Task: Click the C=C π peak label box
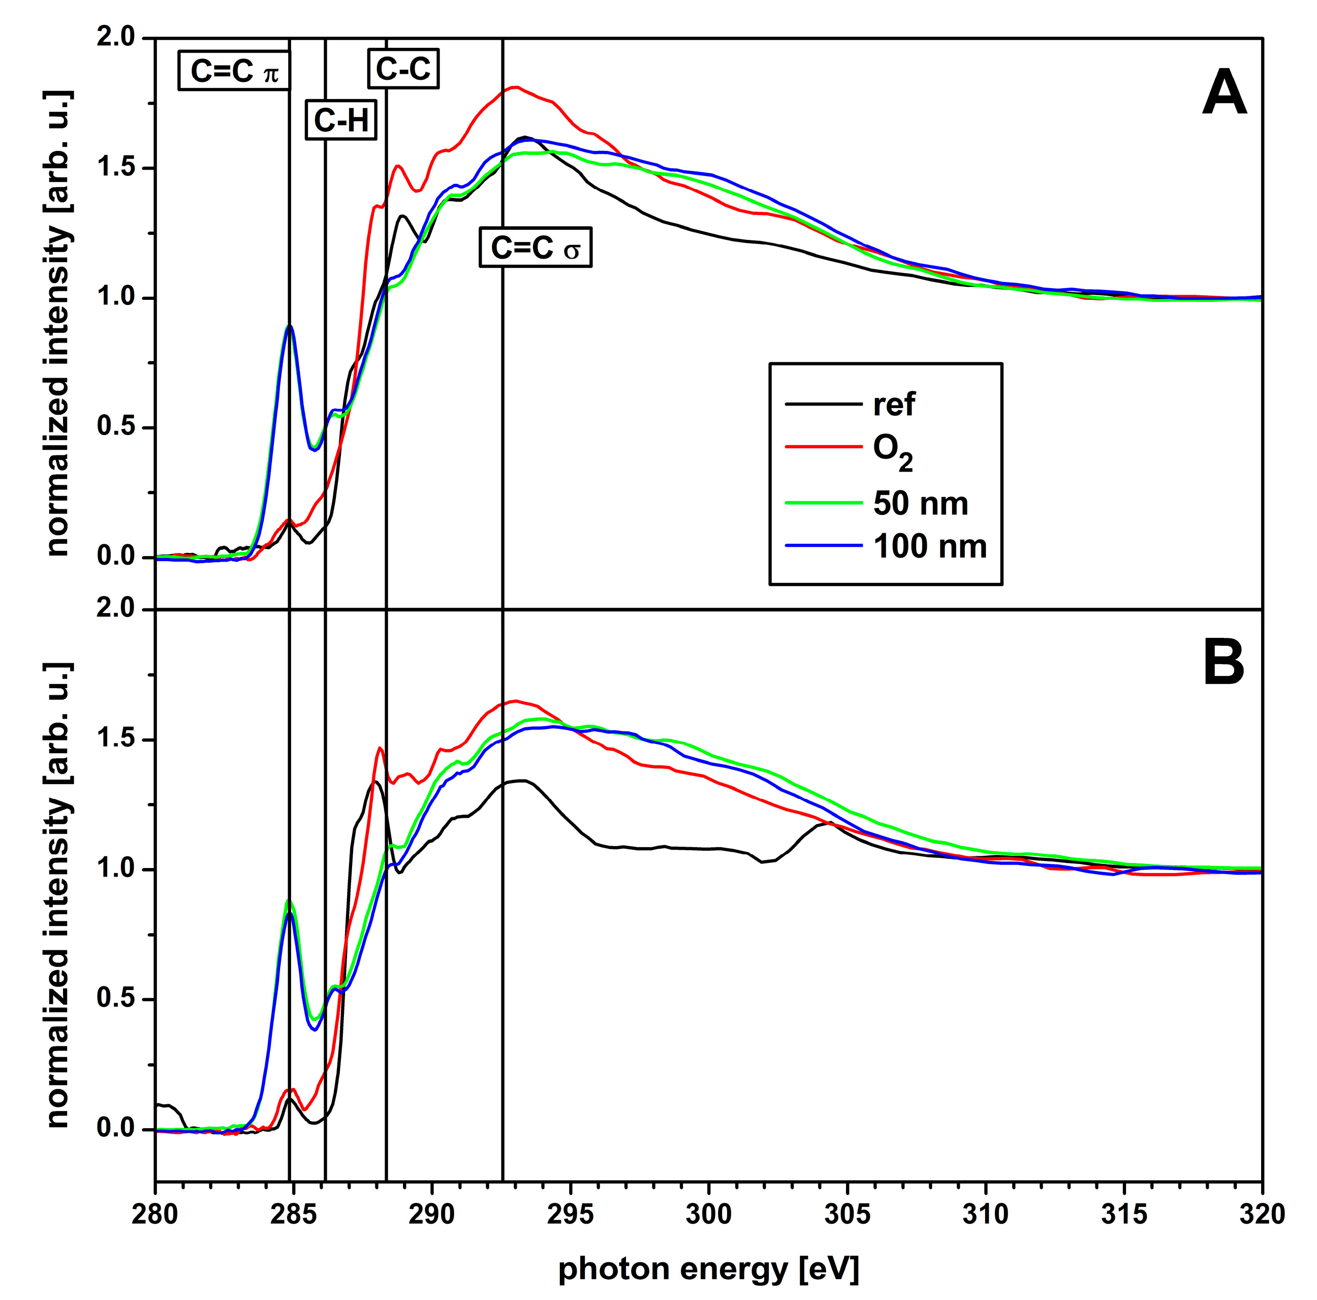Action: click(234, 70)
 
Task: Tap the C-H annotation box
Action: click(341, 120)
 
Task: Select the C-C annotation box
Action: click(403, 69)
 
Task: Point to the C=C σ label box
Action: click(535, 247)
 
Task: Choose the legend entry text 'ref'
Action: click(894, 405)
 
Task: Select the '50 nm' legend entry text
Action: click(920, 504)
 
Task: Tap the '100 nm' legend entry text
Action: click(930, 547)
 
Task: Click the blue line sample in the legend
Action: click(824, 545)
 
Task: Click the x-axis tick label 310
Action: click(985, 1214)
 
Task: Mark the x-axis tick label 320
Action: click(1261, 1214)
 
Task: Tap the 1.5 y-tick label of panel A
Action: click(116, 168)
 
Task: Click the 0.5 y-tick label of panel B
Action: click(116, 999)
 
